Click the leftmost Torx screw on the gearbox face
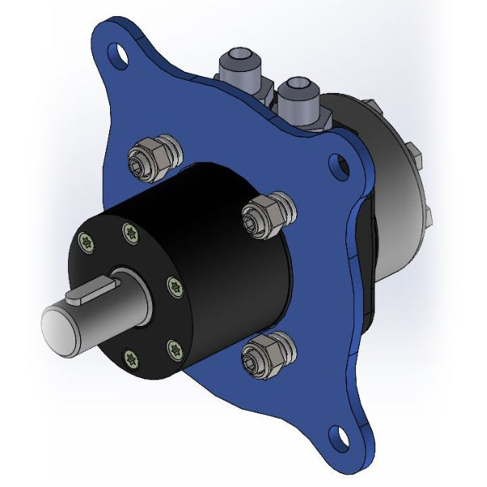pos(86,240)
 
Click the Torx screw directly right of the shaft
pos(172,286)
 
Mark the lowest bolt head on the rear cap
pos(427,215)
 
